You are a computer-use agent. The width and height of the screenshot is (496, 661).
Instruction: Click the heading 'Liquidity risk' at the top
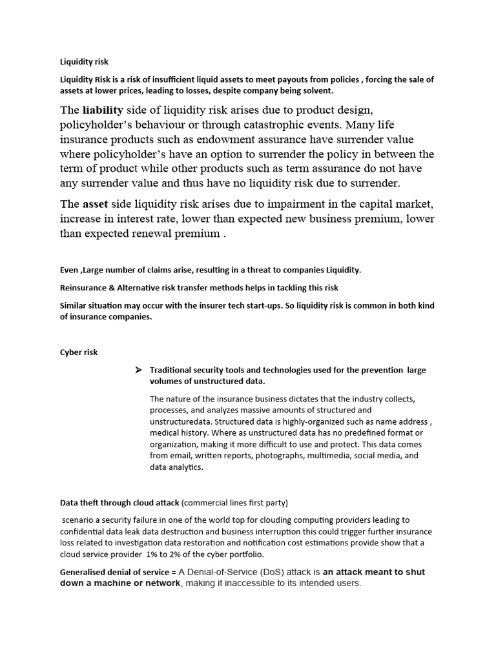[84, 62]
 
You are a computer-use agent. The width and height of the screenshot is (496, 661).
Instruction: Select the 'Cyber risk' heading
[79, 352]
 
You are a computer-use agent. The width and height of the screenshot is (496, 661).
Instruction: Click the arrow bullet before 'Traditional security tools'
[138, 370]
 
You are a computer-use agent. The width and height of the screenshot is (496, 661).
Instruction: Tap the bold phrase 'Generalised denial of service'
[114, 572]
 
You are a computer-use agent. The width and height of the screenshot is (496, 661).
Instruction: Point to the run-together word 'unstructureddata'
[183, 421]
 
